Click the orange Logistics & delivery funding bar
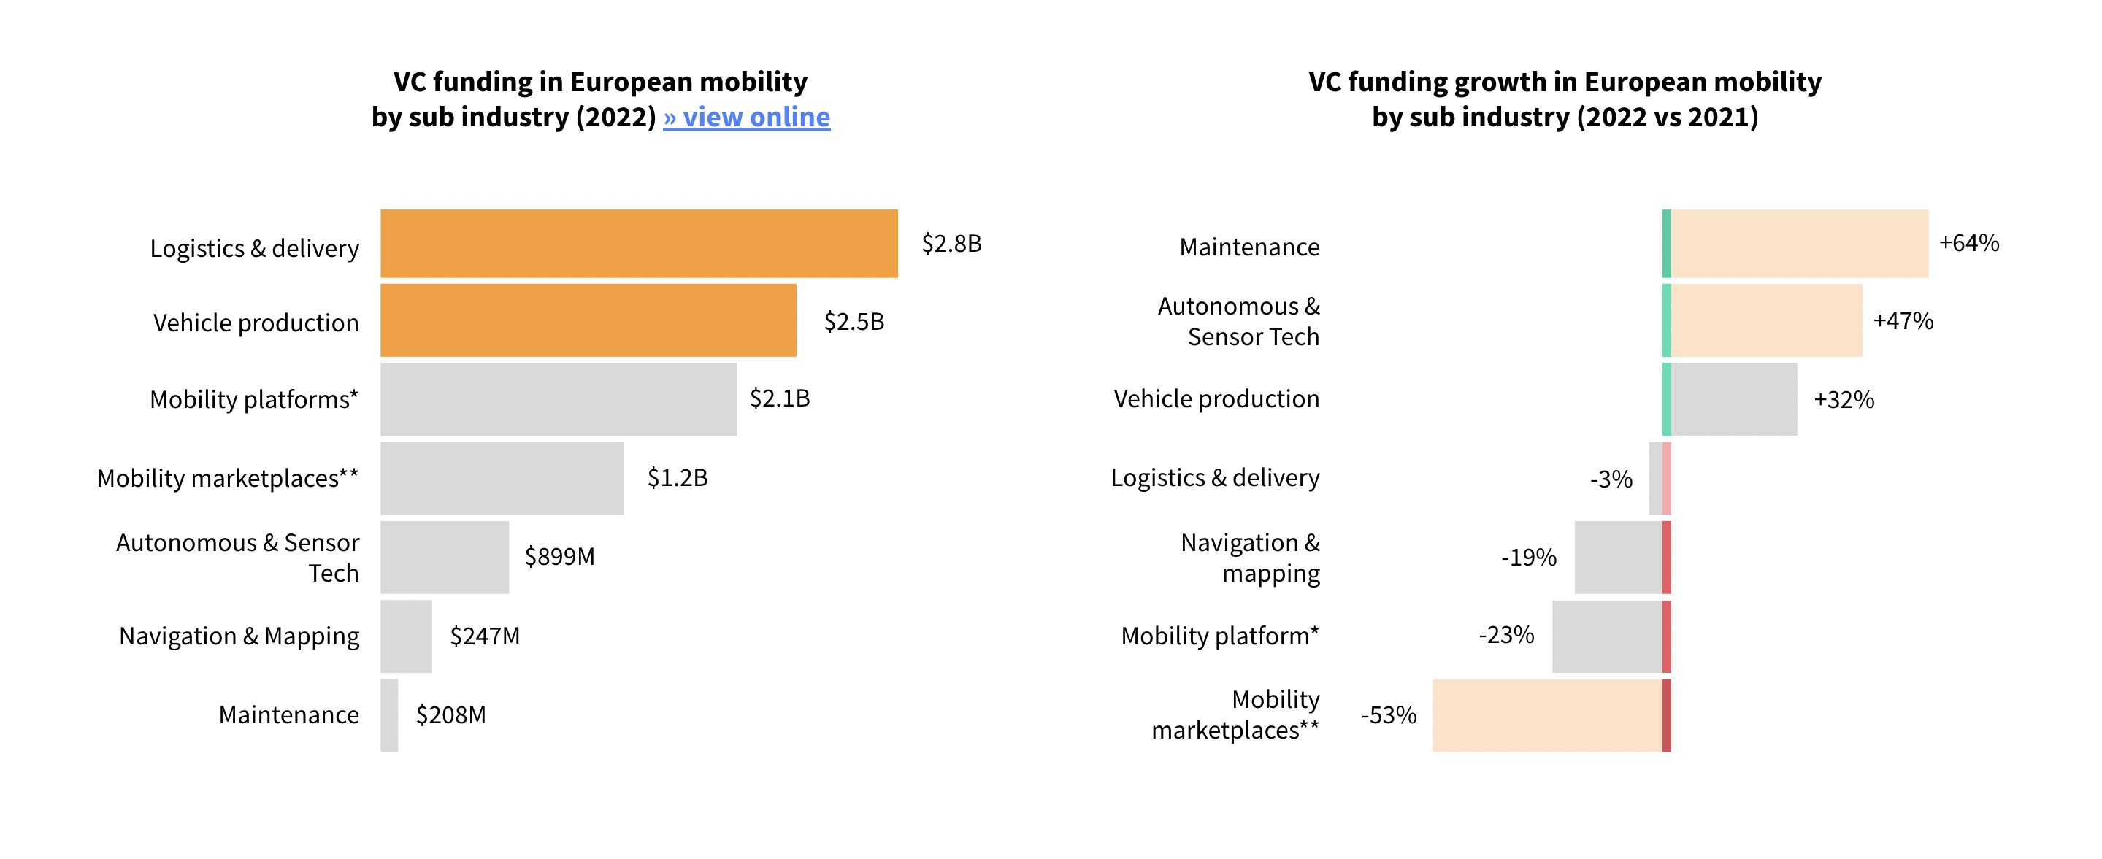[639, 243]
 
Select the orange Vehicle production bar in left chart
[588, 320]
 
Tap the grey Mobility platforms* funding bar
[558, 399]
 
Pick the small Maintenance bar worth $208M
[389, 714]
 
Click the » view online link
[746, 118]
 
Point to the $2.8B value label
[951, 243]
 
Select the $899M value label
[559, 556]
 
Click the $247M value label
[485, 636]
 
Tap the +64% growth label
[1968, 243]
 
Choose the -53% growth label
[1388, 714]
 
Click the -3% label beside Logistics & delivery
[1611, 479]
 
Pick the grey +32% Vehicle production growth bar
[1733, 399]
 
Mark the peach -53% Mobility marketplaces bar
[1547, 714]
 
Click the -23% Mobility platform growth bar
[1606, 636]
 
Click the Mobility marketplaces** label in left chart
[228, 478]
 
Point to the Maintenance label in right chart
[1248, 247]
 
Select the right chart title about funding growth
[1564, 99]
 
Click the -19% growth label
[1528, 557]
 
